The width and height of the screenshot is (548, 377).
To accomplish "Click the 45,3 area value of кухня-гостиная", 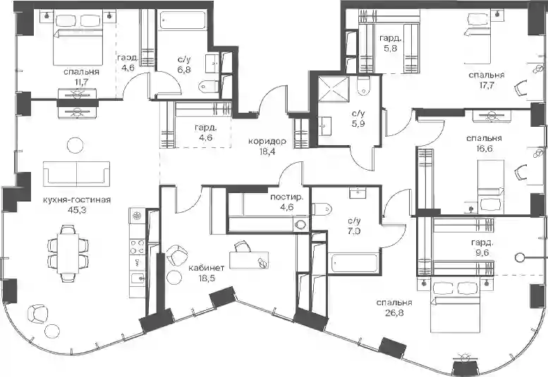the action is click(x=77, y=210).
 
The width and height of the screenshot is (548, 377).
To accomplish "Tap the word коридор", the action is click(x=267, y=141).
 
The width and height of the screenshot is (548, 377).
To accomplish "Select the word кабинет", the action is click(x=206, y=268).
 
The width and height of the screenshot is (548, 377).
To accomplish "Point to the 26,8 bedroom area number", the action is click(x=394, y=313).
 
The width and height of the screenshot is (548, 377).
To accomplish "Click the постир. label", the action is click(x=287, y=197).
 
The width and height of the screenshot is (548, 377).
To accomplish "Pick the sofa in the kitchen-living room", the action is click(x=77, y=174).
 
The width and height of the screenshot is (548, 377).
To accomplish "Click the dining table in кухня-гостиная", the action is click(x=68, y=254).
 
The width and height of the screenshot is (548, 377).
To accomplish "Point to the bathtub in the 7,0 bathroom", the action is click(x=355, y=264).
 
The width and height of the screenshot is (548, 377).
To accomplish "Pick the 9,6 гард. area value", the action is click(x=482, y=252).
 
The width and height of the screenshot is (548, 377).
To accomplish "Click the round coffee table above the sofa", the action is click(x=75, y=144).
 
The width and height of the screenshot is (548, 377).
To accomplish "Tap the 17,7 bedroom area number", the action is click(x=486, y=85).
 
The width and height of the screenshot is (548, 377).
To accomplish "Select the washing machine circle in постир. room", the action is click(x=300, y=225).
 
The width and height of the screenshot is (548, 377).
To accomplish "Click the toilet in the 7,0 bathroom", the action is click(x=322, y=209).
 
